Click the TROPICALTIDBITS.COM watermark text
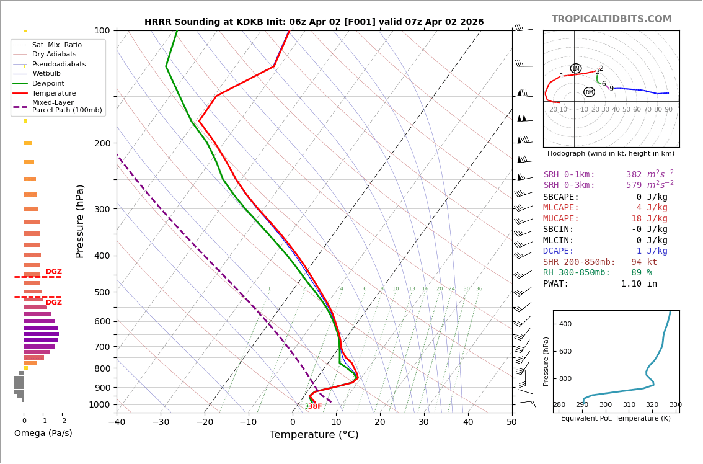[x=611, y=19]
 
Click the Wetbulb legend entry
[x=46, y=74]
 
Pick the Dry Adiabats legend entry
[x=54, y=55]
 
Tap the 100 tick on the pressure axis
[x=102, y=30]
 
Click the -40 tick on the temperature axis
[x=117, y=422]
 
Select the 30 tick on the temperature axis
[x=423, y=422]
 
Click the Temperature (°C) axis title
[x=314, y=435]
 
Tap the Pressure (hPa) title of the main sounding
[x=80, y=221]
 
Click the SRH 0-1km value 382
[x=634, y=175]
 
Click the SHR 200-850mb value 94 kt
[x=644, y=262]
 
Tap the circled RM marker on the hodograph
[x=589, y=92]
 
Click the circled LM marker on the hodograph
[x=576, y=68]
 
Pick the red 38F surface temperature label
[x=315, y=406]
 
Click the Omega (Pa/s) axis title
[x=43, y=433]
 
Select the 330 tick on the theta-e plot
[x=675, y=405]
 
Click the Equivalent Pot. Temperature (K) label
[x=616, y=418]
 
